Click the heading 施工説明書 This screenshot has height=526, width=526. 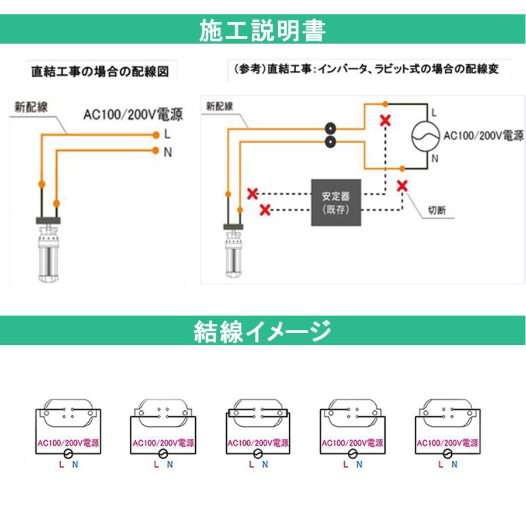pos(262,30)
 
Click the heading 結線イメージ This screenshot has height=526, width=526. pos(262,331)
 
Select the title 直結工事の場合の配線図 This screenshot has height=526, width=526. pos(99,72)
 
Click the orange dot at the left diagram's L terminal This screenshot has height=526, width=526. pos(156,135)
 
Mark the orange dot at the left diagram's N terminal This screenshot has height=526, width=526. pos(156,151)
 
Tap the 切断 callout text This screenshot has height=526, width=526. pos(436,210)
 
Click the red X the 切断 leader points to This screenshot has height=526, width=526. pos(402,186)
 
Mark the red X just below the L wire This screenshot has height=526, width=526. pos(385,121)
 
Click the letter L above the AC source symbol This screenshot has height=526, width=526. pos(433,111)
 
